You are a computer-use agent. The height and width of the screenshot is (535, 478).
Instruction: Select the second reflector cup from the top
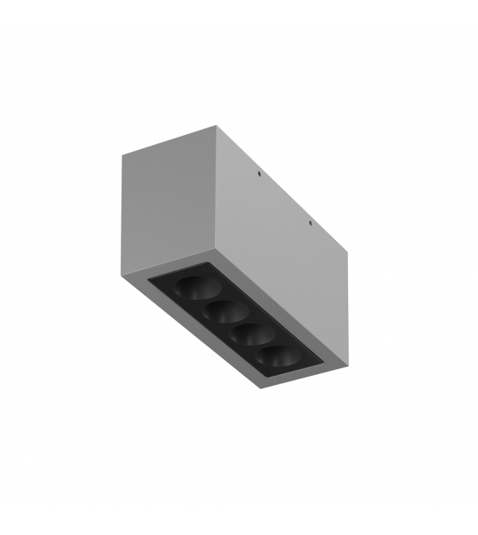(221, 313)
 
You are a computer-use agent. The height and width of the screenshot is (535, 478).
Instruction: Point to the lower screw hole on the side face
(311, 224)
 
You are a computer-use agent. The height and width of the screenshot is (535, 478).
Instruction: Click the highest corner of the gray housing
(219, 127)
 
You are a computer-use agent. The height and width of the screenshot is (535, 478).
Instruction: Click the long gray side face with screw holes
(283, 250)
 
